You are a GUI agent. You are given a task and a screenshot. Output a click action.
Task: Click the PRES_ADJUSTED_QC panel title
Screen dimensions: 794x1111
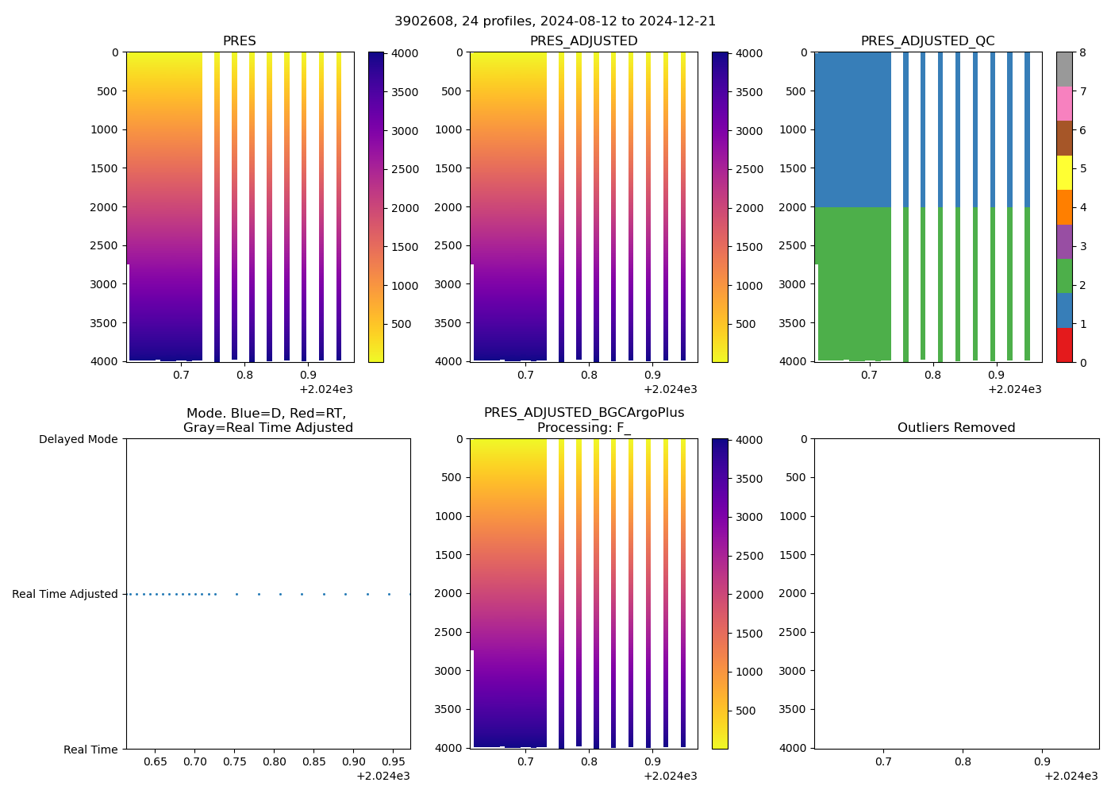click(x=928, y=41)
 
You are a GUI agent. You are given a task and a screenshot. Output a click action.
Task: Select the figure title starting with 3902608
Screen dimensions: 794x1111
click(x=555, y=21)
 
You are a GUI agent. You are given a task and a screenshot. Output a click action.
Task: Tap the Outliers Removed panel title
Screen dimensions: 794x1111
click(x=956, y=428)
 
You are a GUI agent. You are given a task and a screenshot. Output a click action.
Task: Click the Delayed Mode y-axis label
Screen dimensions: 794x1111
click(x=78, y=439)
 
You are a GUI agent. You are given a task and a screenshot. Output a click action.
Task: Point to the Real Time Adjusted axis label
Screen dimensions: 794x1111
click(x=65, y=594)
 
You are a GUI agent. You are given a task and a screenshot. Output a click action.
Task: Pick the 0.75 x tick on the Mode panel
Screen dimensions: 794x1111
click(x=235, y=761)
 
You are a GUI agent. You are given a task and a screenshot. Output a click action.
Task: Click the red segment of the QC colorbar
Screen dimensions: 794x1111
click(x=1064, y=345)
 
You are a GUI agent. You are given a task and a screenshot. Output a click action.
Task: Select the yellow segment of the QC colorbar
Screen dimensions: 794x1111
click(x=1064, y=173)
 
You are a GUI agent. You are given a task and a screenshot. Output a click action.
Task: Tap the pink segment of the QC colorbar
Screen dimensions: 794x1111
click(x=1064, y=104)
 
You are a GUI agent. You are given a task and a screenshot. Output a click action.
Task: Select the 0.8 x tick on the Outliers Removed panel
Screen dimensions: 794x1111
click(x=963, y=761)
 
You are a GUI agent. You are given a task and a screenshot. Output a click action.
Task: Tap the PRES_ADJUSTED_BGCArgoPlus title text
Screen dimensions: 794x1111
click(x=584, y=413)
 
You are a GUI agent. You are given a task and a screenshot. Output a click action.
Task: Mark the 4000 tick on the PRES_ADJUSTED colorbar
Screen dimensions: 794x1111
click(x=750, y=53)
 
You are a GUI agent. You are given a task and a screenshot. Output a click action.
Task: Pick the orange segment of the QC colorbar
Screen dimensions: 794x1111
click(x=1064, y=207)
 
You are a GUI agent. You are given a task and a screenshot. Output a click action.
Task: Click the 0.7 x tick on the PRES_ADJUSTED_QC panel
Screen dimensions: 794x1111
click(x=870, y=375)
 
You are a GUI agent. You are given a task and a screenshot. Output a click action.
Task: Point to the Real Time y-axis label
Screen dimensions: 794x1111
click(x=90, y=750)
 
